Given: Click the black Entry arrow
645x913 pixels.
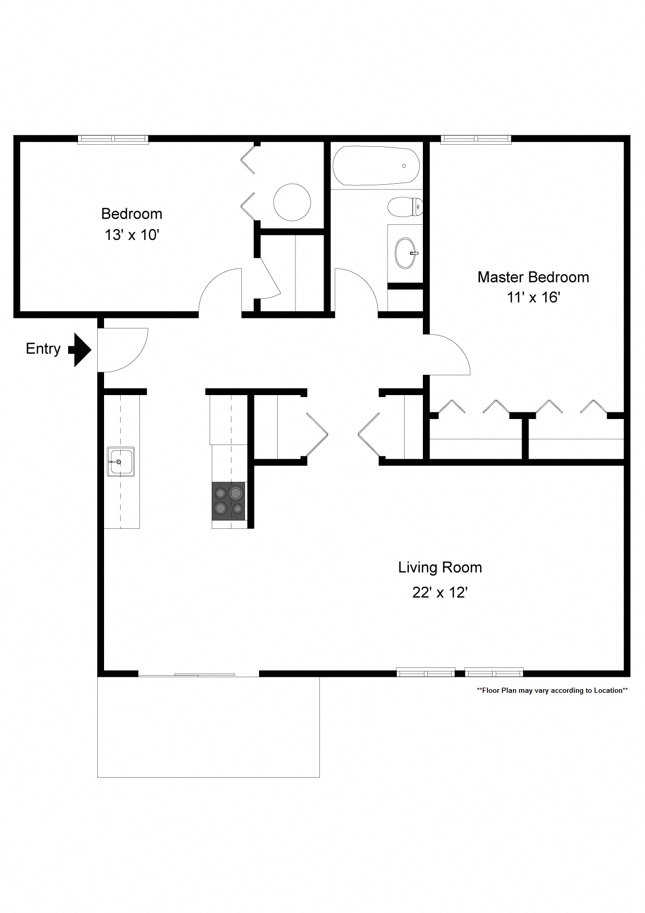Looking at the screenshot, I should tap(81, 350).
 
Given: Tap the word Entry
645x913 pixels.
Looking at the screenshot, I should tap(43, 349).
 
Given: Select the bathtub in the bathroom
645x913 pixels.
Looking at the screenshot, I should tap(376, 166).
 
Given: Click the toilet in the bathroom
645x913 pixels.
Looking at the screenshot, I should tap(405, 207).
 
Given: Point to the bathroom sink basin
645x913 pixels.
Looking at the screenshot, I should tap(406, 253).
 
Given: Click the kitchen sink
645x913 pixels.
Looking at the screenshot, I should tap(121, 461).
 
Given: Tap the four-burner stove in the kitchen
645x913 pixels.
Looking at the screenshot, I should tap(228, 501).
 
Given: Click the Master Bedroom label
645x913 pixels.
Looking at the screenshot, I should tap(533, 277).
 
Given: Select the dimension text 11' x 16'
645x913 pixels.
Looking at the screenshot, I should tap(533, 298).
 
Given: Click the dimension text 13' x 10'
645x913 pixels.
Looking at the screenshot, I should tap(131, 235).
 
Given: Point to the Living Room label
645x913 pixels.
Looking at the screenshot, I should tap(440, 567).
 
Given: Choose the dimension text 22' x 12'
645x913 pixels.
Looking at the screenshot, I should tap(440, 593).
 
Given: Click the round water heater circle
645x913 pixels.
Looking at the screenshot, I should tap(292, 202).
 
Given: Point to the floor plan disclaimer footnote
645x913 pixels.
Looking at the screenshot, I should tap(552, 691).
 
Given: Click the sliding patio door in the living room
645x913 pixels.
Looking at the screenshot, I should tap(198, 675).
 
